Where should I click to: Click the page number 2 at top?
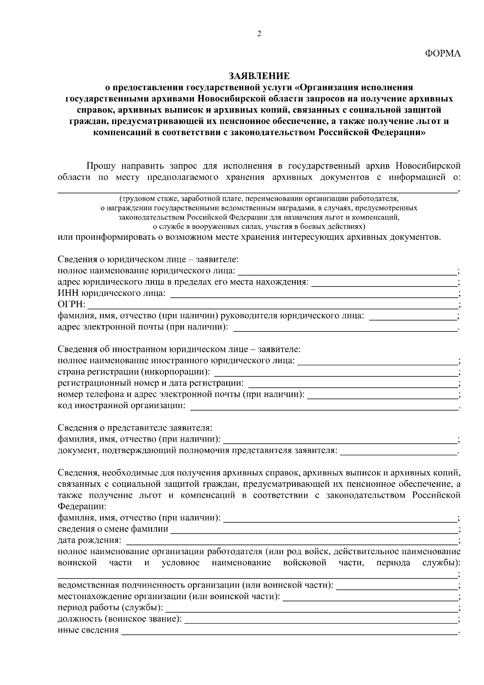pyautogui.click(x=259, y=34)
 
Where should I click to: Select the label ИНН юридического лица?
pyautogui.click(x=111, y=293)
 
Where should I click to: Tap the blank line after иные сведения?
pyautogui.click(x=289, y=631)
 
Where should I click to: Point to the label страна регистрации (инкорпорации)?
pyautogui.click(x=134, y=371)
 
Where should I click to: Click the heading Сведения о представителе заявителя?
pyautogui.click(x=135, y=428)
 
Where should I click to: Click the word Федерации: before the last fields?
pyautogui.click(x=82, y=506)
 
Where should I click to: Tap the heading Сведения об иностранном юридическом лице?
pyautogui.click(x=179, y=349)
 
